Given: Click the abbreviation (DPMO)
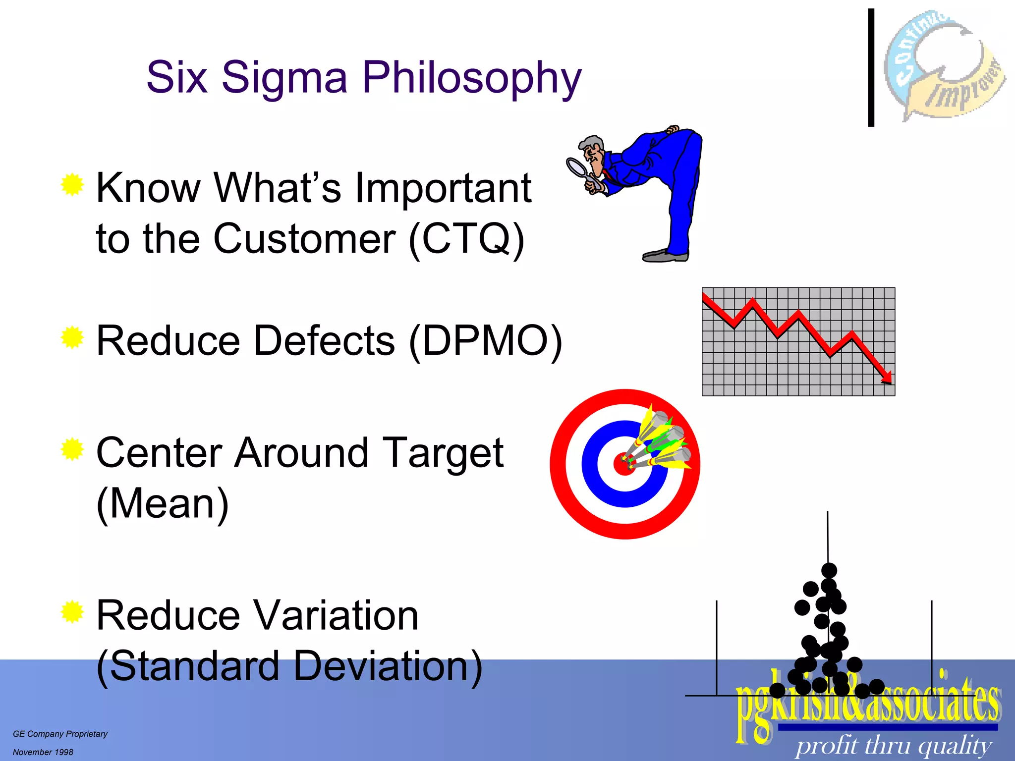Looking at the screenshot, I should click(x=486, y=341).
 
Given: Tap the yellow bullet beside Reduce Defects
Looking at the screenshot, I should click(x=72, y=338).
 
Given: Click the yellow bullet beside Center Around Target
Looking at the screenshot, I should click(x=72, y=449).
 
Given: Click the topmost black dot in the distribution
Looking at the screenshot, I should click(x=829, y=570).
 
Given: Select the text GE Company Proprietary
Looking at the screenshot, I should click(x=60, y=734).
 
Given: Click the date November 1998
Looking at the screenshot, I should click(x=43, y=752).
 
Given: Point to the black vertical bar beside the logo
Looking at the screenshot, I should click(x=871, y=67).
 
